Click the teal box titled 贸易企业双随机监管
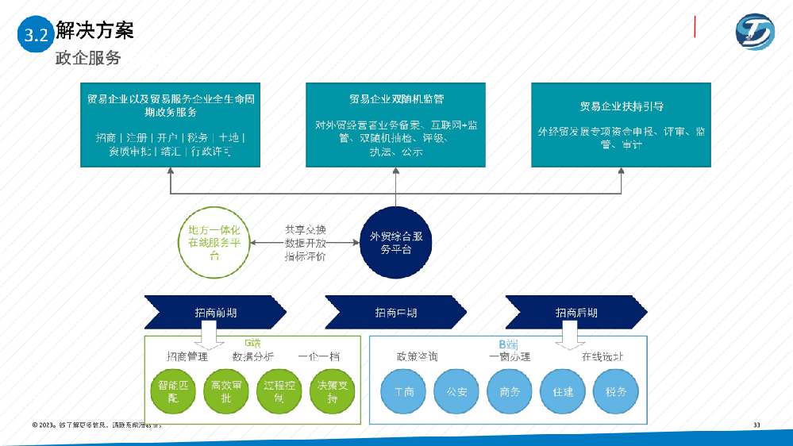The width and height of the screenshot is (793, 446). (x=396, y=125)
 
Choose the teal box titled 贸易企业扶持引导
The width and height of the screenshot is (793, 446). (x=622, y=125)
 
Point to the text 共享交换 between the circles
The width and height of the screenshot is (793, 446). (x=306, y=229)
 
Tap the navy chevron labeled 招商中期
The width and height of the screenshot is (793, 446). (x=396, y=312)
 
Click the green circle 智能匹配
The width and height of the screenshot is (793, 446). (x=173, y=392)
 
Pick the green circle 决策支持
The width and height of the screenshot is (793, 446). (x=333, y=392)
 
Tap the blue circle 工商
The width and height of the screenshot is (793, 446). (x=403, y=392)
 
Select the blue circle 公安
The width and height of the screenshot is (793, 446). (x=456, y=392)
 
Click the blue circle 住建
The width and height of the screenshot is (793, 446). (x=563, y=392)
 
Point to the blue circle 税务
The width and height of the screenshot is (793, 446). (x=616, y=392)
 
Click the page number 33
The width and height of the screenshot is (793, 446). (x=756, y=426)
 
